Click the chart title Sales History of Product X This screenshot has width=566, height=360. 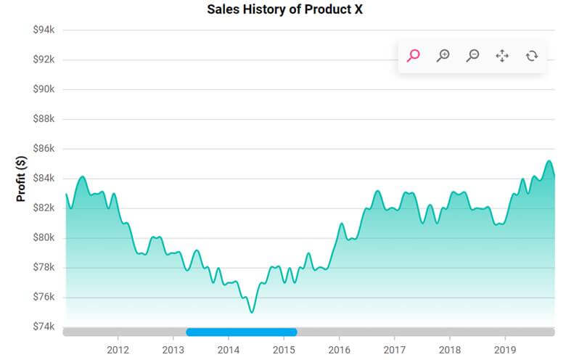coord(284,9)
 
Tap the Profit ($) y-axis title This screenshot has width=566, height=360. coord(21,178)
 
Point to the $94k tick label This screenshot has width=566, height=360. coord(44,30)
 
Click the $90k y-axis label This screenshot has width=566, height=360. coord(44,89)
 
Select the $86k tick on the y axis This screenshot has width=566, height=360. coord(44,149)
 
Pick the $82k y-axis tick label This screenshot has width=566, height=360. coord(44,208)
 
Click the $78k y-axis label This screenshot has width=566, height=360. coord(44,267)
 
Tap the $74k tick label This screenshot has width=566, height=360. coord(44,327)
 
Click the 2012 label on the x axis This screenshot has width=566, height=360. coord(118,349)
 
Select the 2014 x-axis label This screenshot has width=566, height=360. coord(228,349)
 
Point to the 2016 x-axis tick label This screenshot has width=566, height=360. coord(339,349)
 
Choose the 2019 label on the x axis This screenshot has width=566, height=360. coord(505,349)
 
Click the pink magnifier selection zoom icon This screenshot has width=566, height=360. coord(414,55)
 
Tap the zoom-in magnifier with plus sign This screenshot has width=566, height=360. coord(443,55)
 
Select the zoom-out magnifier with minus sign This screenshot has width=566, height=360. coord(472,55)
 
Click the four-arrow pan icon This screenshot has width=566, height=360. coord(502,55)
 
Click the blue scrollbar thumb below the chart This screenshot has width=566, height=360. coord(241,332)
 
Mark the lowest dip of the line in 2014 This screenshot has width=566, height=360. coord(252,312)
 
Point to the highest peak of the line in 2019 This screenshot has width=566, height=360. coord(549,161)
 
